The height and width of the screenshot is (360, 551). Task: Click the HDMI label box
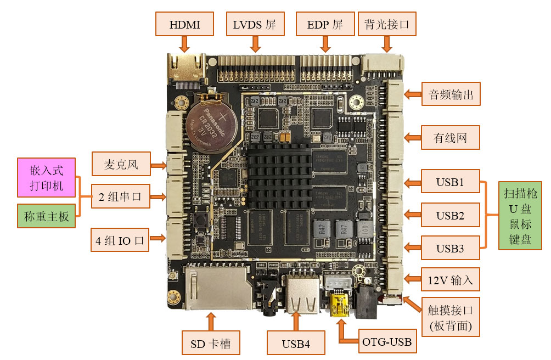184,25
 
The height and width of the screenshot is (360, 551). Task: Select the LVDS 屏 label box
255,25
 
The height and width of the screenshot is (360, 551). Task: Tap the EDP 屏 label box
325,25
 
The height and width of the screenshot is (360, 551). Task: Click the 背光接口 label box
387,25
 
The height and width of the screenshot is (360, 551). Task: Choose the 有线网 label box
451,137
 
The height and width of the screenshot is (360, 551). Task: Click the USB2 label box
450,215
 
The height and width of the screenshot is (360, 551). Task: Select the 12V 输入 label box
451,280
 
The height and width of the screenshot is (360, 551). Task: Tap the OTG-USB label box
387,342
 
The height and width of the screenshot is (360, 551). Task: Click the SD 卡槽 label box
211,344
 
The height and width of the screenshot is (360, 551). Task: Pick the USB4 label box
296,344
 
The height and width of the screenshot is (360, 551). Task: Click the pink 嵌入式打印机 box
47,178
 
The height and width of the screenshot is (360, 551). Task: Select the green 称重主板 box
47,217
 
